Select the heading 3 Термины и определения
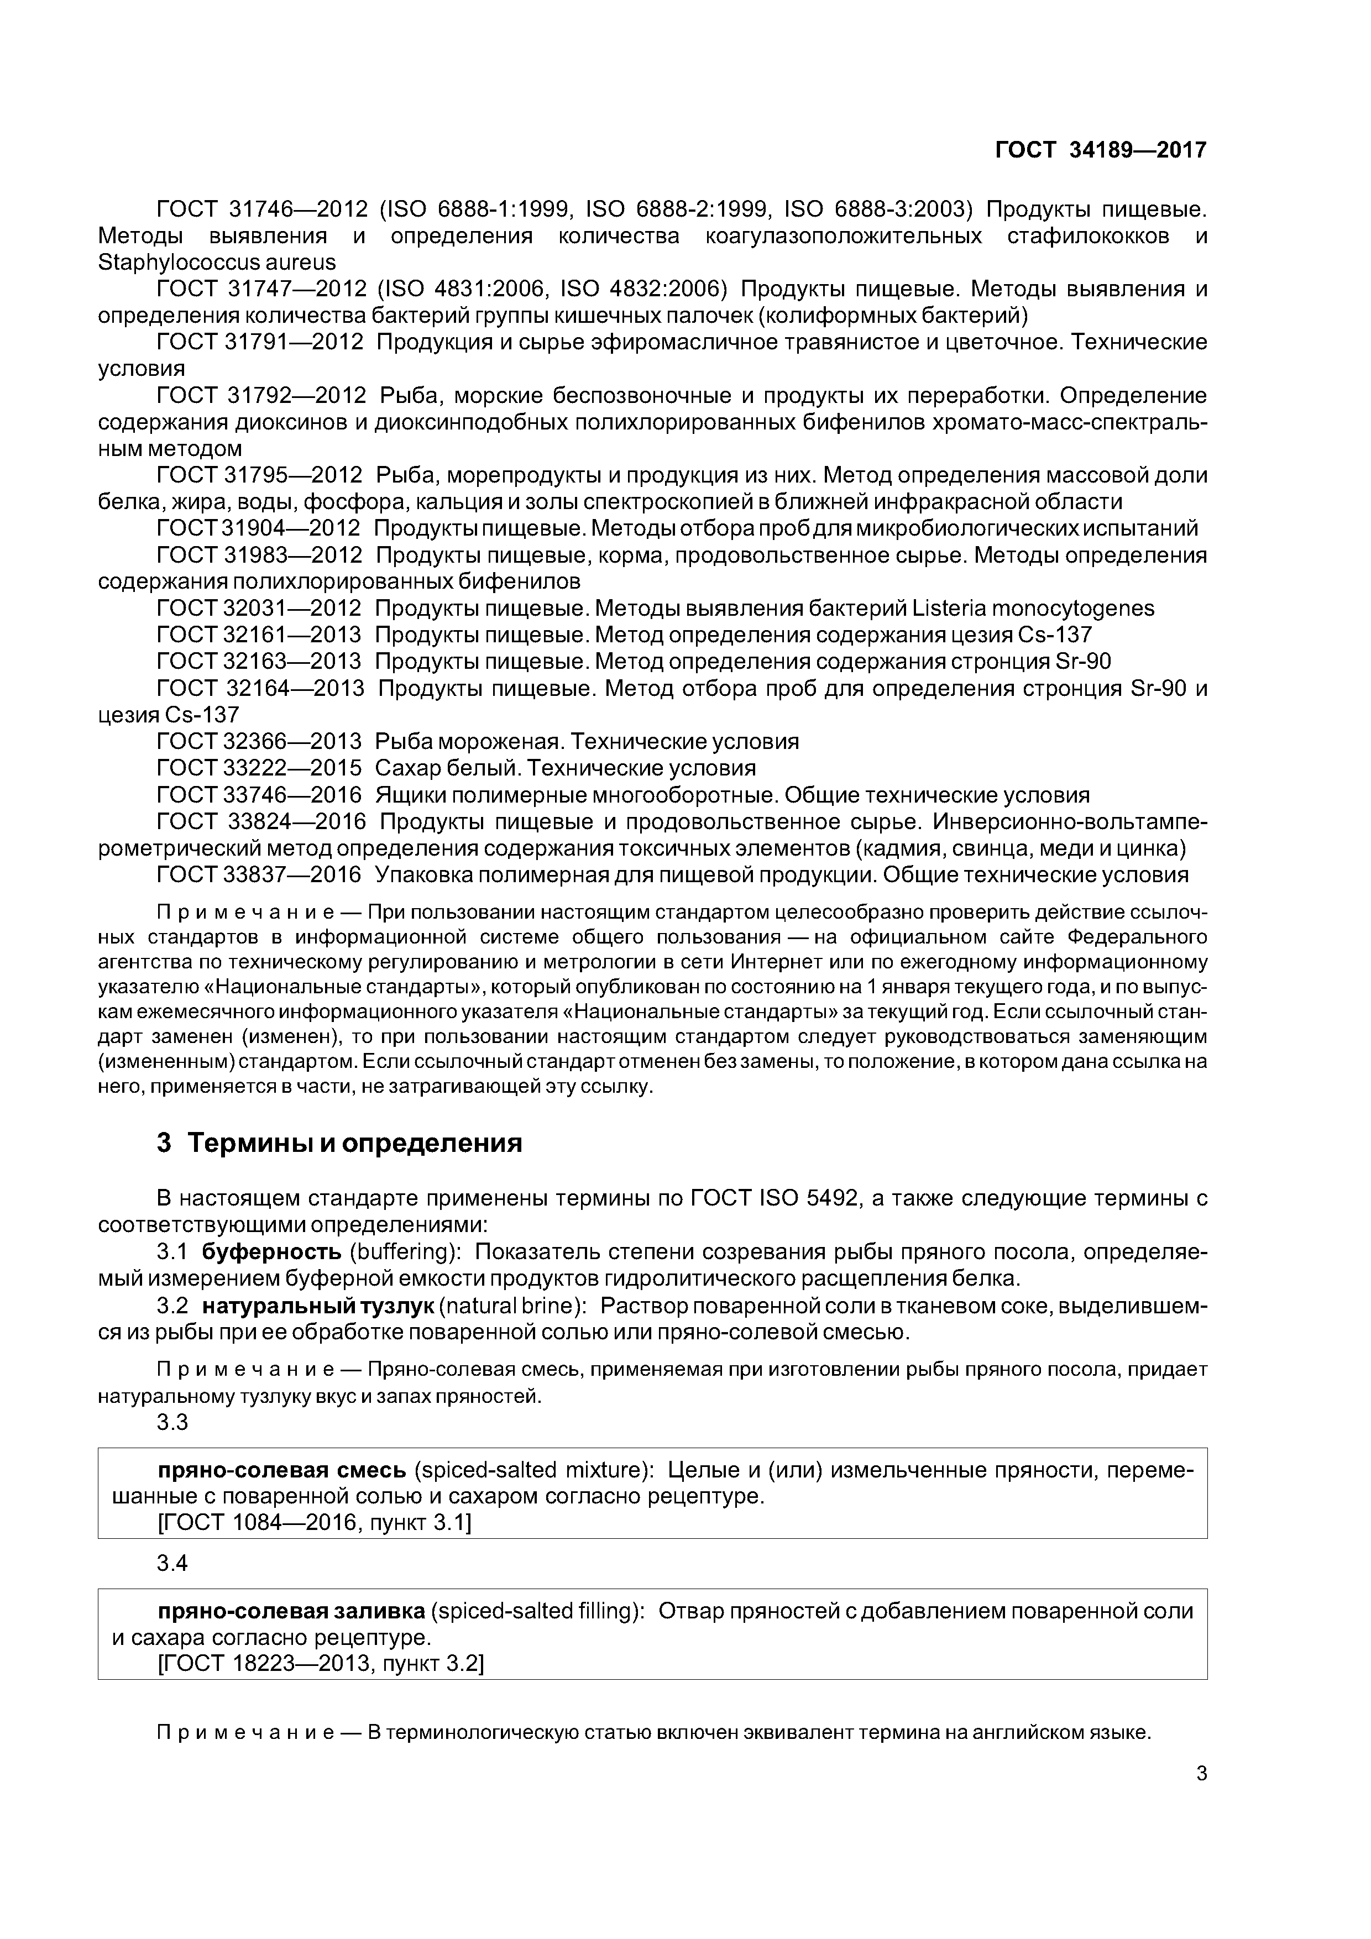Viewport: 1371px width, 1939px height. pos(339,1144)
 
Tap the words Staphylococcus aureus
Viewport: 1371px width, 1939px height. pos(217,263)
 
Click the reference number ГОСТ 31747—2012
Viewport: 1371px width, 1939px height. pos(262,290)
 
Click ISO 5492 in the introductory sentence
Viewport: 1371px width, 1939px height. pos(811,1198)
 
